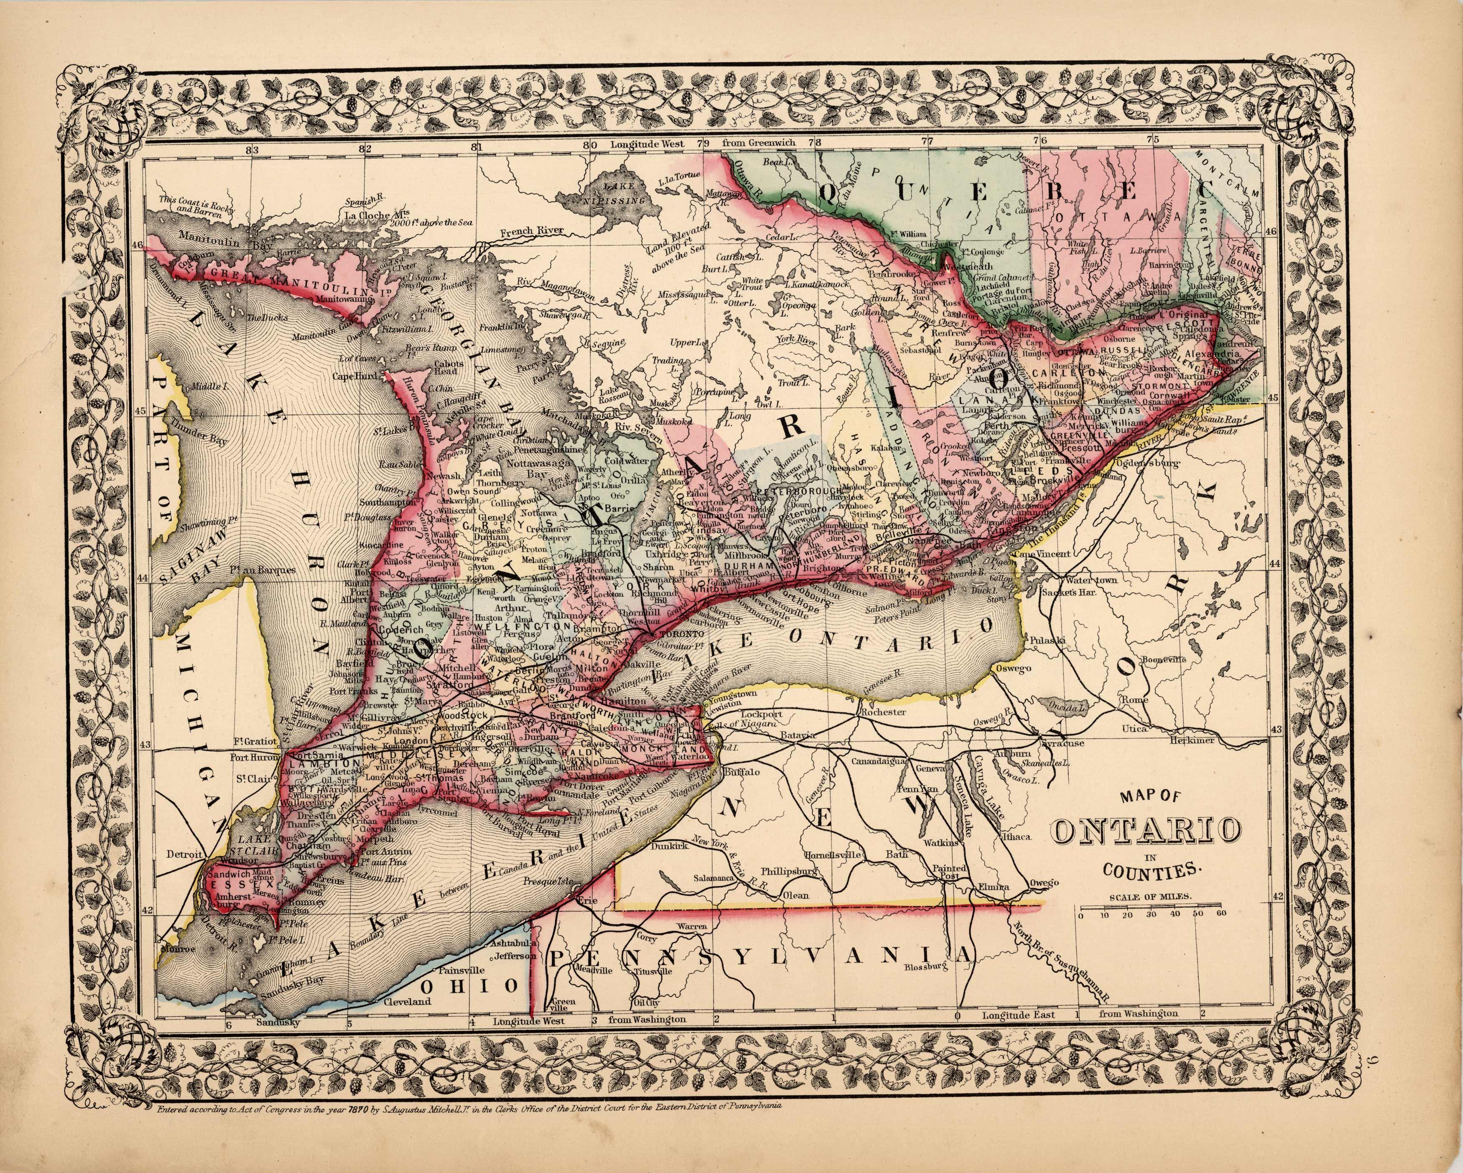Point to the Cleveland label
point(407,1001)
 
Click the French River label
point(532,231)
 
